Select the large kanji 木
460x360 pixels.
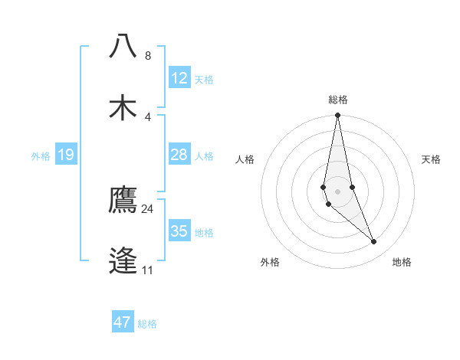(123, 106)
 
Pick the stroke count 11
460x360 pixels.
(148, 270)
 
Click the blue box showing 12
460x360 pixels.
(179, 78)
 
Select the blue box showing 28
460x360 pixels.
(179, 155)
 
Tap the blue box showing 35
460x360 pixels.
(179, 231)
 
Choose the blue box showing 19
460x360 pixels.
(66, 155)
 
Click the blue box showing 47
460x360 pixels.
(123, 322)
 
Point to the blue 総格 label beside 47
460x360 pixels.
(147, 324)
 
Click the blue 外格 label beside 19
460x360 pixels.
(41, 156)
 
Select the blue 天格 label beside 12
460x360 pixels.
(204, 80)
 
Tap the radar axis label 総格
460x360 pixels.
(338, 100)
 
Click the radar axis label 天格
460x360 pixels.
(431, 159)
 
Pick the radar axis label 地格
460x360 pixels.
(402, 262)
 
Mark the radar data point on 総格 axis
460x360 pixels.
(337, 116)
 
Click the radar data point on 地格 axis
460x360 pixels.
(374, 242)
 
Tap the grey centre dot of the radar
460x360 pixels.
(337, 191)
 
